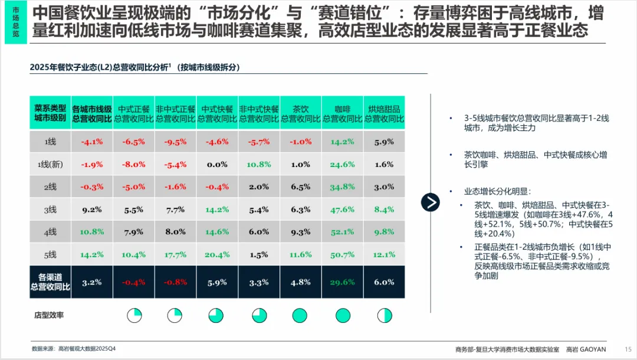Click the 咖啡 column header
click(x=342, y=114)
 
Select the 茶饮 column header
click(x=300, y=114)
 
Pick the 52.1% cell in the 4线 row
click(x=342, y=232)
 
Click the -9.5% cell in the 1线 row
click(x=175, y=142)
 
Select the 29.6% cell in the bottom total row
click(x=342, y=282)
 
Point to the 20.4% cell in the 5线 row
click(x=217, y=255)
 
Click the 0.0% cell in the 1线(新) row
click(x=217, y=165)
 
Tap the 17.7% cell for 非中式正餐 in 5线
click(x=175, y=255)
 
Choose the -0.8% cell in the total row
click(x=175, y=282)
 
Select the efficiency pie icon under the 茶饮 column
click(x=300, y=316)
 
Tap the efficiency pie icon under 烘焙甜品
click(x=385, y=316)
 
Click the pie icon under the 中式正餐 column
click(x=134, y=316)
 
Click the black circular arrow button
click(x=431, y=202)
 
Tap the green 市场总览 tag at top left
click(x=15, y=23)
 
